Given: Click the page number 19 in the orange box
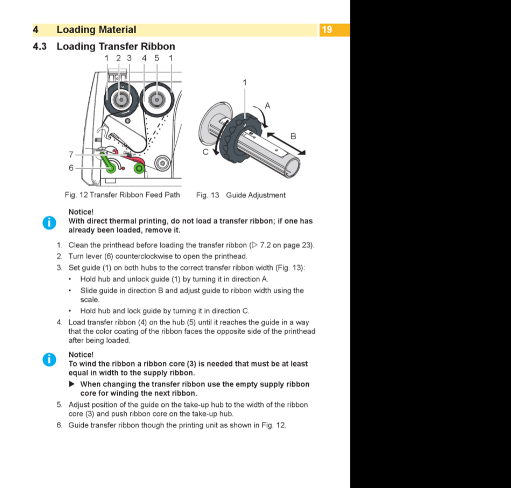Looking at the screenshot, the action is click(x=327, y=30).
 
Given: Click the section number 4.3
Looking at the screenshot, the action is click(x=40, y=47).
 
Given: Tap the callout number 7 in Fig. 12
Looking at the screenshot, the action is click(x=71, y=154).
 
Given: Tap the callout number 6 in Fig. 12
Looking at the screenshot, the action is click(x=71, y=168).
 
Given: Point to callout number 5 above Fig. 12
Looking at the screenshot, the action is click(x=157, y=58).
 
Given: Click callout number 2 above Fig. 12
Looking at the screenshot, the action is click(x=118, y=58).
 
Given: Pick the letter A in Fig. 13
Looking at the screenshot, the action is click(x=267, y=105).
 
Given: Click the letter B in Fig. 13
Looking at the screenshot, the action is click(x=293, y=136).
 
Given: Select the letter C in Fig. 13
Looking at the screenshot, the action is click(x=205, y=152).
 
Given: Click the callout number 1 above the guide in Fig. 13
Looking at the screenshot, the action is click(x=244, y=83).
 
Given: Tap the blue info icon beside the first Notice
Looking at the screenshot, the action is click(x=49, y=223).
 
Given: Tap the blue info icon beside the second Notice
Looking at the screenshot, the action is click(x=49, y=359).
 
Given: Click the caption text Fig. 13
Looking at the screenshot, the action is click(x=208, y=195).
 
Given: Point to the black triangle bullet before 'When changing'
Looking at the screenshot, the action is click(x=72, y=384).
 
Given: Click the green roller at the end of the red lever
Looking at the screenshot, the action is click(x=139, y=168).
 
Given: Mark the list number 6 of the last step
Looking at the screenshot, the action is click(x=59, y=425).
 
